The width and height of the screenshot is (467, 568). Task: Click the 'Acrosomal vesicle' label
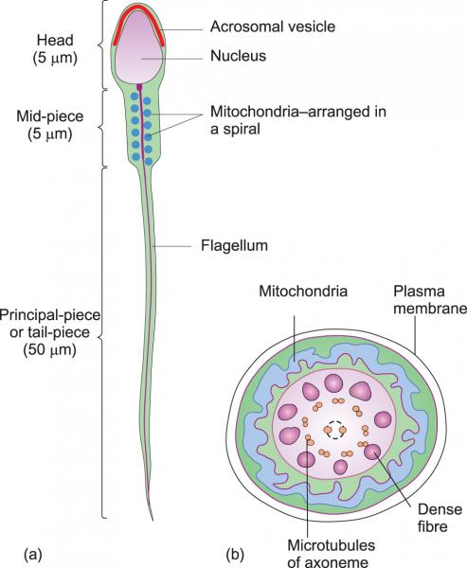(273, 27)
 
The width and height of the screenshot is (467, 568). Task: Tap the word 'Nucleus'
(238, 56)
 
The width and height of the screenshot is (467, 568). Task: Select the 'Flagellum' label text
(234, 245)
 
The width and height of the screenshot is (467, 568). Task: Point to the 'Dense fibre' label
(440, 518)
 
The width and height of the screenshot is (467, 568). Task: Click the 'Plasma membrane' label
(430, 299)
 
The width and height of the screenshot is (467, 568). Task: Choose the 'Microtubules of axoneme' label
(331, 553)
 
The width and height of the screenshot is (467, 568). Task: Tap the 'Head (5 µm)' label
(55, 49)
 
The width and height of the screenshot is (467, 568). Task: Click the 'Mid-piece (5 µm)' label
(50, 125)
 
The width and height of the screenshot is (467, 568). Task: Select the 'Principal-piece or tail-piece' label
(49, 324)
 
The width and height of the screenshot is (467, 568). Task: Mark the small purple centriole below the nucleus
(139, 86)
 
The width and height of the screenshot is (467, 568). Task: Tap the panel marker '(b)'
(235, 555)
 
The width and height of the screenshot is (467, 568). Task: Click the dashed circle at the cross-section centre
(335, 430)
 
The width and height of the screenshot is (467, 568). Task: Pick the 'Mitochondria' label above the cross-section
(303, 292)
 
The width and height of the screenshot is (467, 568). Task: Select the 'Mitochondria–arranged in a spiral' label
(298, 120)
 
